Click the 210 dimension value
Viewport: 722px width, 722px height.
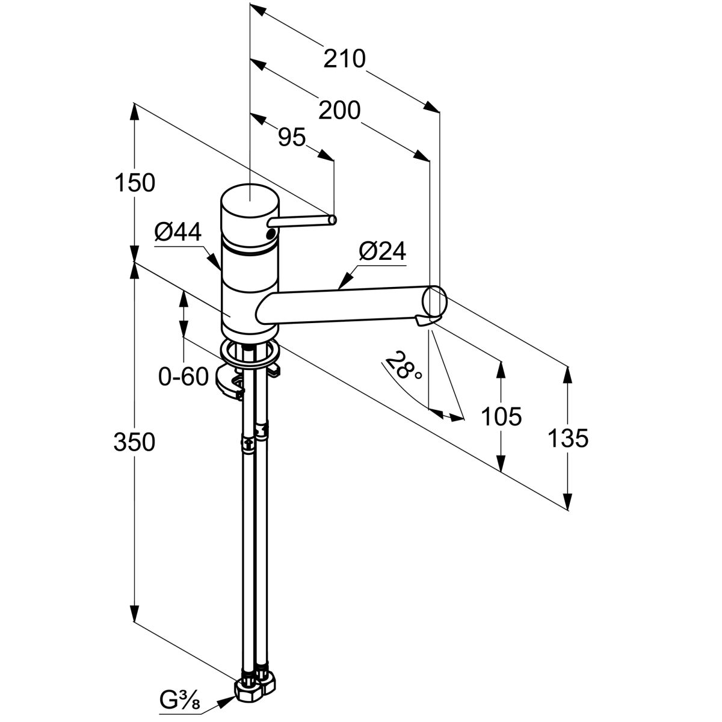tap(344, 59)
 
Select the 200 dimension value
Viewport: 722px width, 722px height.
tap(339, 111)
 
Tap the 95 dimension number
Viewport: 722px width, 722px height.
tap(292, 138)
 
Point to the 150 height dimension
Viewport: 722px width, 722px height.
tap(134, 182)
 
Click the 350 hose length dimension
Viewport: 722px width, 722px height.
tap(134, 442)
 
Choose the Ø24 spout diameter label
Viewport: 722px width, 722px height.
tap(382, 251)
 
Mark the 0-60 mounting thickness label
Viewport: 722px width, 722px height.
tap(183, 377)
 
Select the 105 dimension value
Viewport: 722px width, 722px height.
tap(501, 416)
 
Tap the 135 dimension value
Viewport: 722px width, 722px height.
tap(567, 439)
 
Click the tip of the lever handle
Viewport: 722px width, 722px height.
tap(333, 221)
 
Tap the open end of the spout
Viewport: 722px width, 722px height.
tap(435, 300)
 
